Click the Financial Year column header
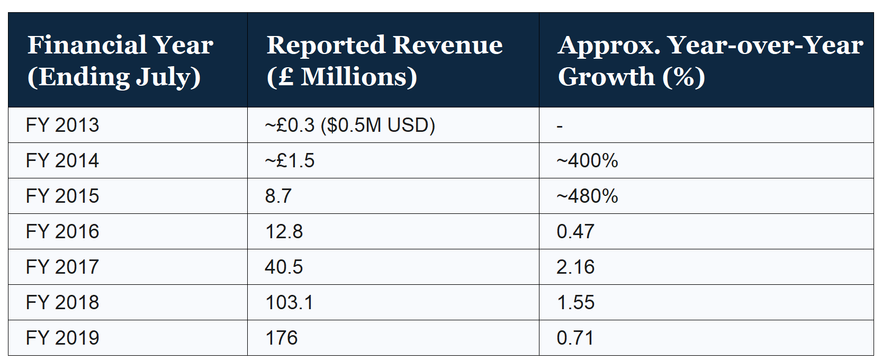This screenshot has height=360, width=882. (120, 60)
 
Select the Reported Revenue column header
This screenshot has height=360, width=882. (384, 60)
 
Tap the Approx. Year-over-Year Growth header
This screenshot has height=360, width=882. (710, 60)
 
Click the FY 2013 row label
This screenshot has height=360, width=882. (62, 125)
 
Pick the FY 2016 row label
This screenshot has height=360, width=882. (62, 231)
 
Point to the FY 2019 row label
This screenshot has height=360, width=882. (62, 338)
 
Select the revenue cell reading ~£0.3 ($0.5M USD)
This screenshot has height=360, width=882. (349, 125)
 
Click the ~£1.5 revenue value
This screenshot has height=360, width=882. (290, 161)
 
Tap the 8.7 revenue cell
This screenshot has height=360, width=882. (278, 196)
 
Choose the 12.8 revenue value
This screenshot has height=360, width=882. (284, 231)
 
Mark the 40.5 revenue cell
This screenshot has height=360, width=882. (284, 267)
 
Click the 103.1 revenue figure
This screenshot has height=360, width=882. (289, 302)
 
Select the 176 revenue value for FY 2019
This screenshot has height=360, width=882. (281, 338)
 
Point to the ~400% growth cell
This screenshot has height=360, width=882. (587, 161)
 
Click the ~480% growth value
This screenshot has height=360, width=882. (587, 196)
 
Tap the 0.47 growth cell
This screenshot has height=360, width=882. (575, 231)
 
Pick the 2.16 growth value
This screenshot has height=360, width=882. (575, 267)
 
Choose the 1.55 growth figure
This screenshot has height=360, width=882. (575, 302)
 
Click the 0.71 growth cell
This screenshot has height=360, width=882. (575, 338)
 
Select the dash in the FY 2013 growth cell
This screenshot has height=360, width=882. (560, 127)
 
